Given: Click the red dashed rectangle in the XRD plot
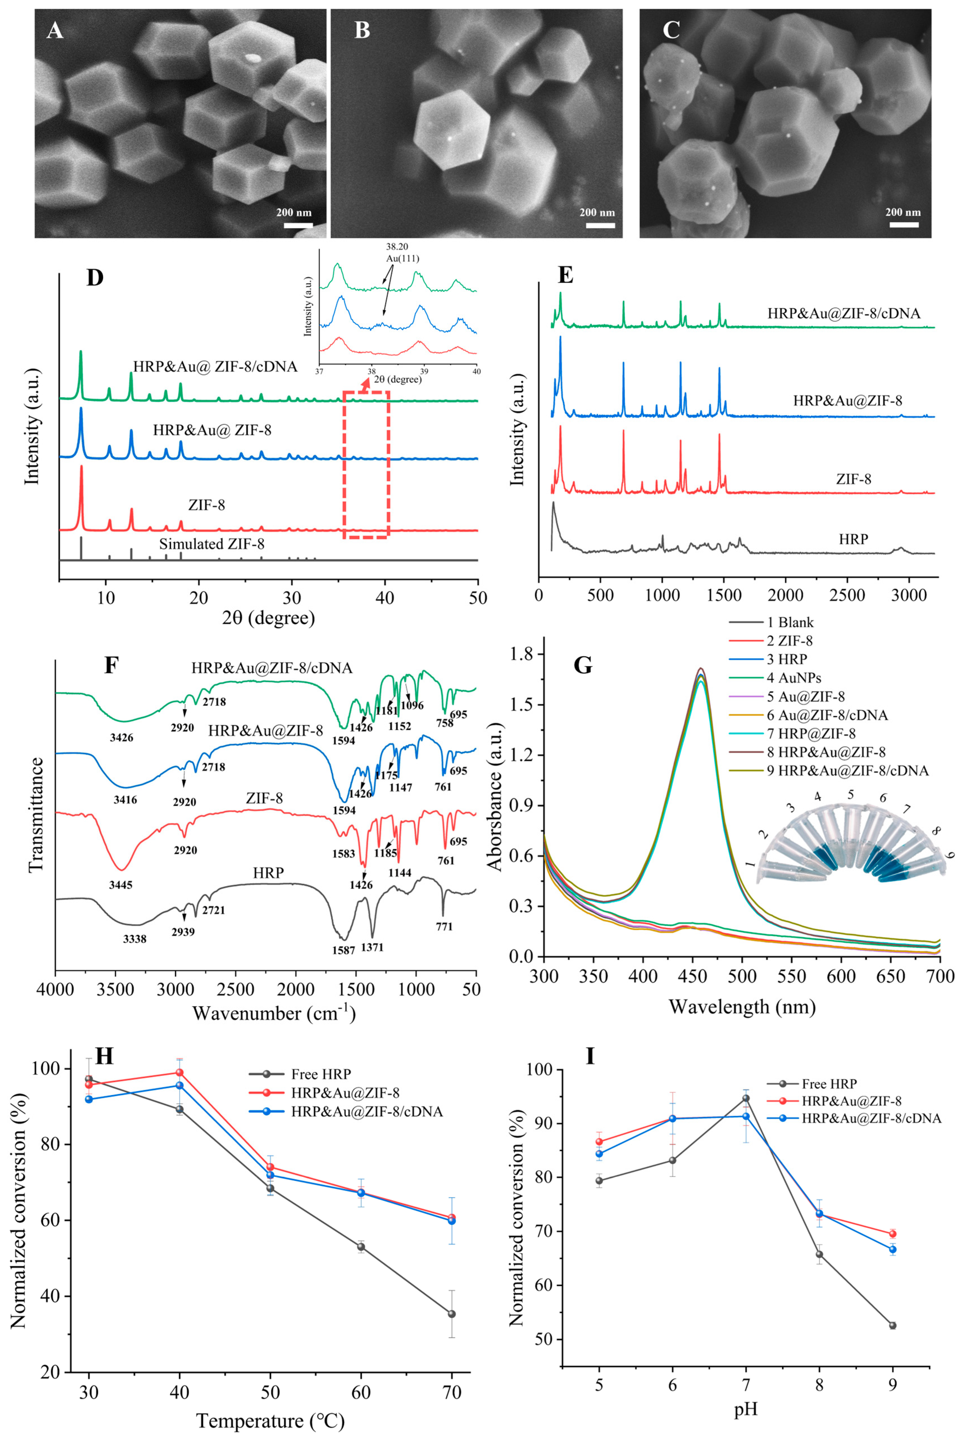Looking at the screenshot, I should pos(366,465).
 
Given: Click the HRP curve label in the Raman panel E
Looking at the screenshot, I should pos(853,539).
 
